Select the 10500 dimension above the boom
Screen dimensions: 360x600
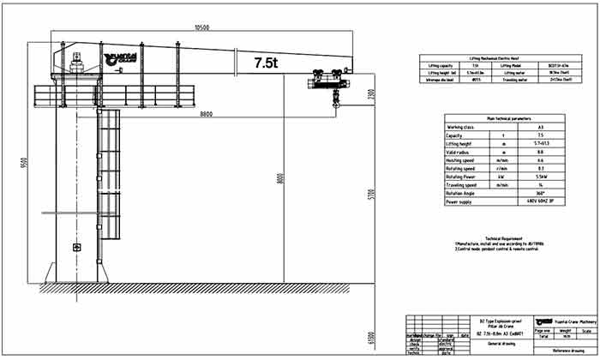click(202, 27)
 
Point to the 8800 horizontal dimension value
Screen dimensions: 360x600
click(207, 114)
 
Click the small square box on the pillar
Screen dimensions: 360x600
click(77, 248)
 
